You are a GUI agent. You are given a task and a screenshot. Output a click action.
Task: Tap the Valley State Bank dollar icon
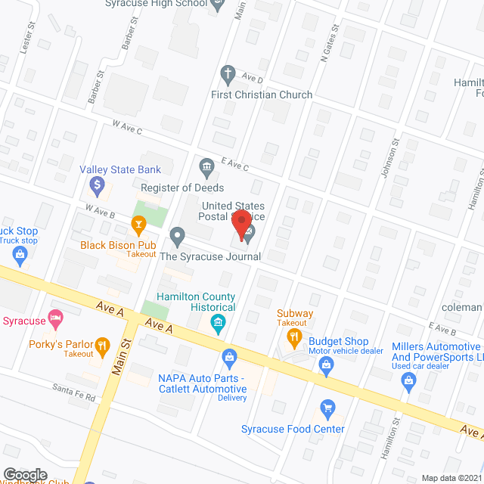pos(97,184)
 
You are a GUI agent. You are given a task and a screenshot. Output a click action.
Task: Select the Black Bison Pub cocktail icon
pos(138,223)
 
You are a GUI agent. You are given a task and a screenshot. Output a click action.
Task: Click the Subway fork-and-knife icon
pos(295,336)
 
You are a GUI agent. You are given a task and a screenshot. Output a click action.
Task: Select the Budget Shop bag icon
pos(326,367)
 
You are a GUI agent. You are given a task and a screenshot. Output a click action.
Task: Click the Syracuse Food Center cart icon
pos(327,408)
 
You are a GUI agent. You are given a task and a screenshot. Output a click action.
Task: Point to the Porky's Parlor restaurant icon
pos(100,347)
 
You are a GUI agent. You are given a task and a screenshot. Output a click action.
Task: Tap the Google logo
pos(25,474)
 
